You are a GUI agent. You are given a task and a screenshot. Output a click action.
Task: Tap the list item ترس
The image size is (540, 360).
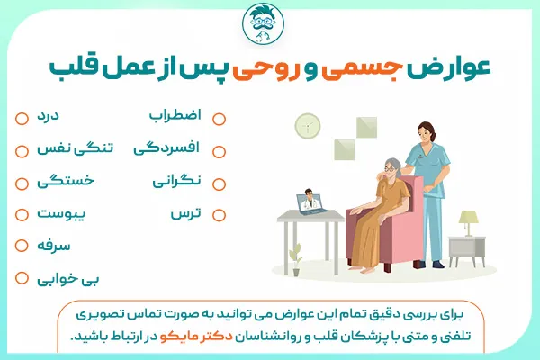coord(186,214)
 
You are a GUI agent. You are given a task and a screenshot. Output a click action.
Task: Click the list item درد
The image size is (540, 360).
coord(49,118)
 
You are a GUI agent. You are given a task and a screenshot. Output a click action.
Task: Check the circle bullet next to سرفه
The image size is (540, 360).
coord(21,246)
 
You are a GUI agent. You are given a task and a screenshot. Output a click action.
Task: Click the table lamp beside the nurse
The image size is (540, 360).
coord(469,221)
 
